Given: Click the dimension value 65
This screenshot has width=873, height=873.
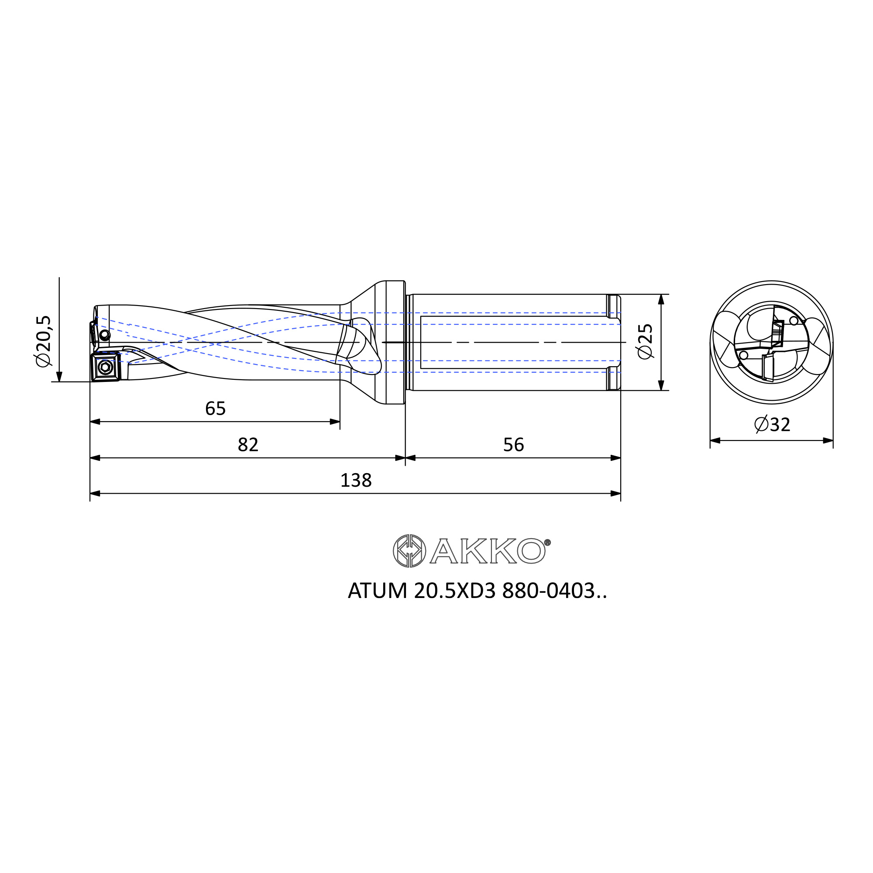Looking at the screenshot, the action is click(215, 409).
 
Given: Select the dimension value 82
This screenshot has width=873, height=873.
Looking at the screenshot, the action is click(248, 445).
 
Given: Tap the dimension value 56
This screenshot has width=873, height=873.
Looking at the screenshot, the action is click(513, 445).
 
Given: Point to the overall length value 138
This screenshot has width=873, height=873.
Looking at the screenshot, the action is click(356, 480).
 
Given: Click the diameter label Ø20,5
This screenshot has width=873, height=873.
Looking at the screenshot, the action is click(44, 341).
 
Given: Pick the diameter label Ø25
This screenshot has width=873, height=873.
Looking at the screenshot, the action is click(645, 341).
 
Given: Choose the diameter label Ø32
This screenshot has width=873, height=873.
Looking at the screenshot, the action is click(772, 425).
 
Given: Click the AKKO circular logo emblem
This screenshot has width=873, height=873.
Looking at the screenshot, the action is click(409, 551).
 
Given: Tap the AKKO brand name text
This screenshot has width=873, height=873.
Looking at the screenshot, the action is click(488, 551).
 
